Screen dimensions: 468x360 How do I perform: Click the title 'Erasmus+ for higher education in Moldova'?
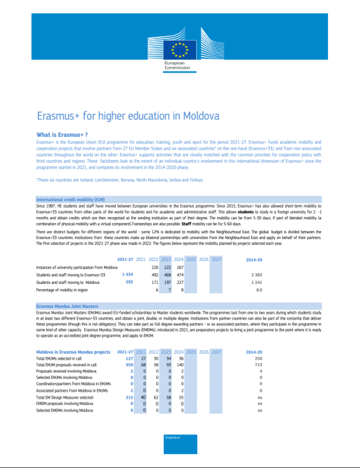(x=128, y=116)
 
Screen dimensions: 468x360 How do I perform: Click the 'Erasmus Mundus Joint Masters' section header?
(x=67, y=306)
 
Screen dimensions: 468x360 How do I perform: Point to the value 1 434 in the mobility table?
(x=127, y=275)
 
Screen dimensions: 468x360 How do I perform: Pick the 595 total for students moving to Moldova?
(x=129, y=282)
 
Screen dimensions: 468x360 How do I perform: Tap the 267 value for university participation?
(x=180, y=267)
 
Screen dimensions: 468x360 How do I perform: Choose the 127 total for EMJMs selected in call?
(x=129, y=359)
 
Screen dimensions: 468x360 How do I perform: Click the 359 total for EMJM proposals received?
(x=129, y=365)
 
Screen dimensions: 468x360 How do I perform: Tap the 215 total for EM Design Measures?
(x=129, y=398)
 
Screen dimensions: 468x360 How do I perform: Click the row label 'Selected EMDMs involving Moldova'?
(x=64, y=410)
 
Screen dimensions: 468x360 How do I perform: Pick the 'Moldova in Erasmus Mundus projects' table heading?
(x=73, y=352)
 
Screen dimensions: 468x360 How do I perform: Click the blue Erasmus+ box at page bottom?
(x=180, y=444)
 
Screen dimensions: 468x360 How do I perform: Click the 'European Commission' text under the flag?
(x=177, y=65)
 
